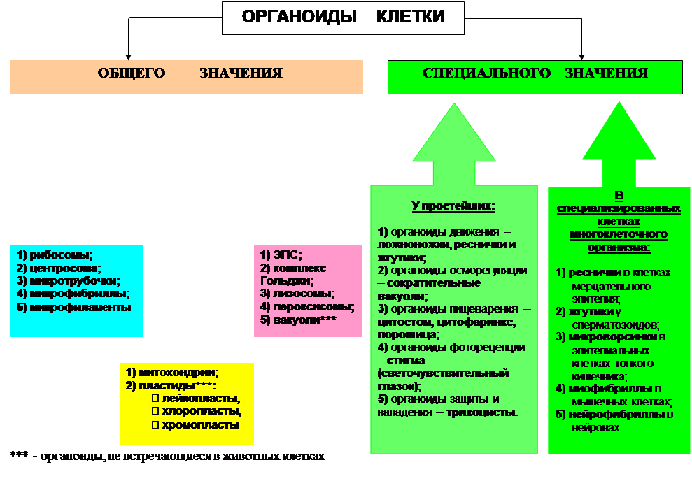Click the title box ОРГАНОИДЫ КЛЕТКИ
343,17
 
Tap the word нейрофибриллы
615,415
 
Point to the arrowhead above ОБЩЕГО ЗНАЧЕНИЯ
127,55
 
